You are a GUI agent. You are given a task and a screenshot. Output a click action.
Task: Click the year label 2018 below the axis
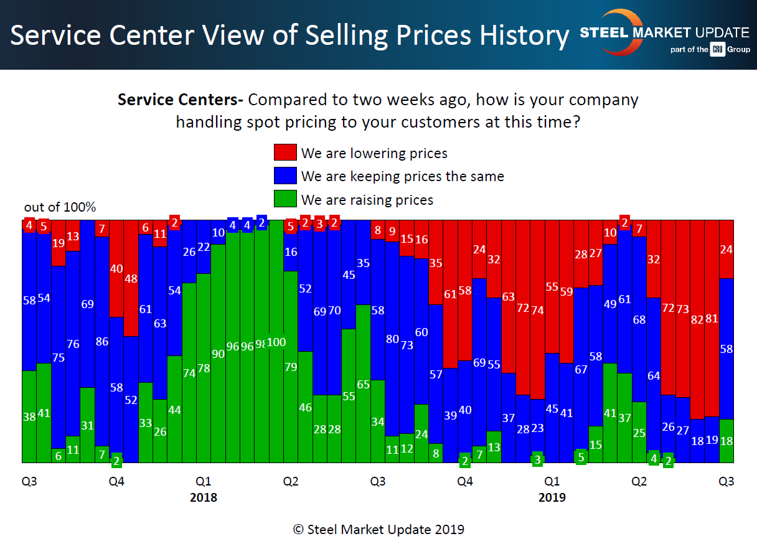(x=204, y=497)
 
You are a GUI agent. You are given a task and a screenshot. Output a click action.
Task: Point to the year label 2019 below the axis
(x=552, y=497)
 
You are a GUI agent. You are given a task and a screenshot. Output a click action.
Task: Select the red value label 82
(x=697, y=319)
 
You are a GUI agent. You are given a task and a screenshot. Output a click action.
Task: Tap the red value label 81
(x=712, y=319)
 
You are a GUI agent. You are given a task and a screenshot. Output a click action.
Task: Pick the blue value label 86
(x=102, y=341)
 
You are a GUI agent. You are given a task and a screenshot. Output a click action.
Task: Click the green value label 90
(x=218, y=354)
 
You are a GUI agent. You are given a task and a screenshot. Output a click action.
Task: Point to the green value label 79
(x=291, y=367)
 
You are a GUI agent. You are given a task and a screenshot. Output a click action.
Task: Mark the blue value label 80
(x=392, y=339)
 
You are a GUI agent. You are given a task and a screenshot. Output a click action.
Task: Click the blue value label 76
(x=73, y=344)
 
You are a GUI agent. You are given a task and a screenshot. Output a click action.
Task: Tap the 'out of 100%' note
(x=60, y=207)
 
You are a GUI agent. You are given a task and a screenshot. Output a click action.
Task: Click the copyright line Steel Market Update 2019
(x=378, y=530)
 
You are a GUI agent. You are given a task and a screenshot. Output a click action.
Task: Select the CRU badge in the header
(x=718, y=50)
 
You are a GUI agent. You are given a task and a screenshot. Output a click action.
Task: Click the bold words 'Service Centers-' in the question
(x=181, y=100)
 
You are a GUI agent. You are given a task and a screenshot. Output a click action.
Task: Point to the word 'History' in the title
(x=525, y=36)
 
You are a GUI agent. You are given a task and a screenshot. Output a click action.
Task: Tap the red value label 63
(x=509, y=296)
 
